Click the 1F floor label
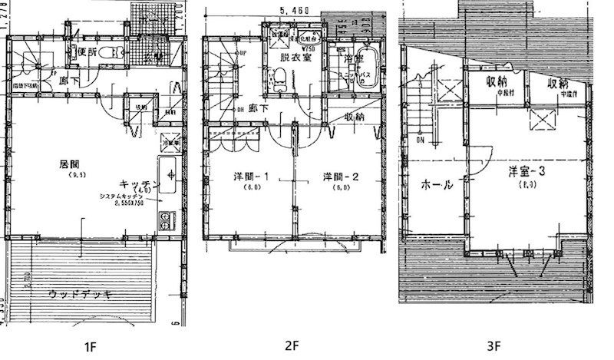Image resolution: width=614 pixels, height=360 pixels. (x=90, y=346)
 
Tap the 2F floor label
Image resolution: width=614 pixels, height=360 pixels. (x=292, y=346)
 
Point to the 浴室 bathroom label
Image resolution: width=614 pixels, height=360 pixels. (x=353, y=57)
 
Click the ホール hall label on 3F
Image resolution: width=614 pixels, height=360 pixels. (x=437, y=185)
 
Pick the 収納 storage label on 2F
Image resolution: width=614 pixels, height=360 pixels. (x=354, y=117)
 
